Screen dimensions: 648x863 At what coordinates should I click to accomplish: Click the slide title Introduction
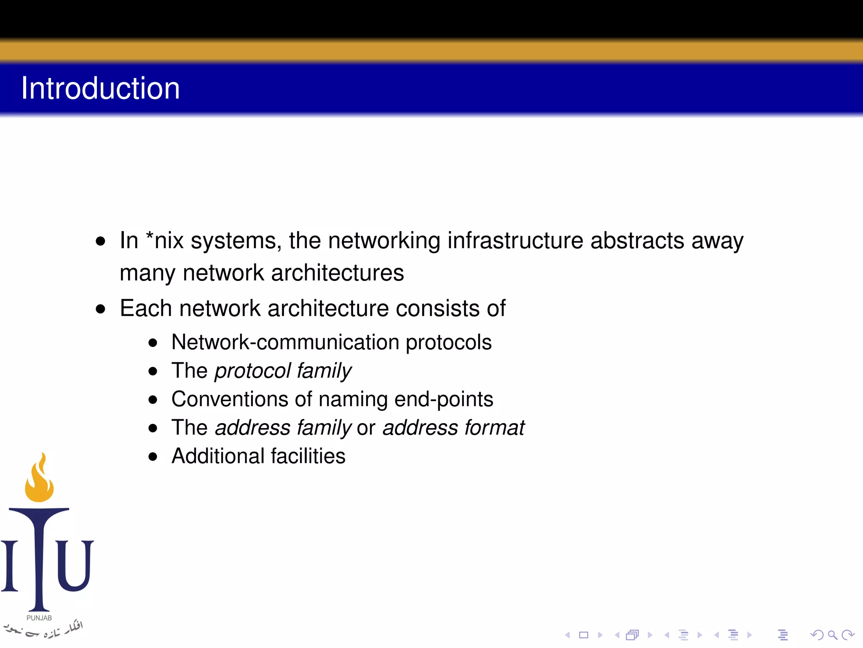tap(100, 88)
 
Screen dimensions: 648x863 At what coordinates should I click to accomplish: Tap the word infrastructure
tap(515, 240)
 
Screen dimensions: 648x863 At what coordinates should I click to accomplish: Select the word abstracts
tap(637, 240)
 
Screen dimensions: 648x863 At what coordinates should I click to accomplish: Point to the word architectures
tap(337, 273)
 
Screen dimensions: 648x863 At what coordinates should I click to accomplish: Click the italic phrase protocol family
tap(283, 371)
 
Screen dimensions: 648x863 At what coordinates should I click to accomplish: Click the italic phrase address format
tap(453, 428)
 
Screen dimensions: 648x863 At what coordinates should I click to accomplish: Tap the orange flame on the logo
tap(39, 481)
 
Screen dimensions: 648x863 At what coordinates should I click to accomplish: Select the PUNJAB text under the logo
tap(39, 618)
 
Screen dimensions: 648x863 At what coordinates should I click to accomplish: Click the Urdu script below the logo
tap(44, 629)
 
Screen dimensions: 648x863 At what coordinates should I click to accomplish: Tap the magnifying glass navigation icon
tap(832, 635)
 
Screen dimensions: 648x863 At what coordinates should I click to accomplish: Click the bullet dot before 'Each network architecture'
tap(100, 309)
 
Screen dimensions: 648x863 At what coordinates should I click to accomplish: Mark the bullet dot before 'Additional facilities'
tap(153, 456)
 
